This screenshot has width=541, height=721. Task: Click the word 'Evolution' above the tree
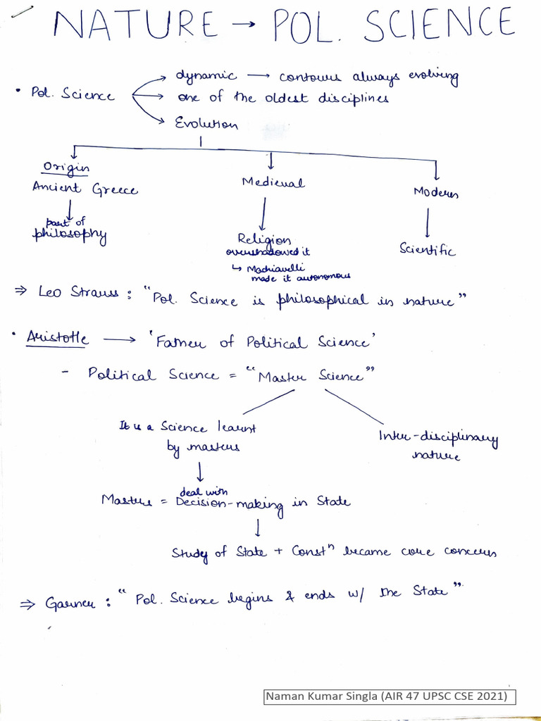coord(206,124)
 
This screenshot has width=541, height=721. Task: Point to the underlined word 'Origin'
coord(66,167)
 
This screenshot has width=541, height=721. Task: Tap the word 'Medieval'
coord(273,182)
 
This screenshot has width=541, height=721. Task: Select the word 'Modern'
coord(436,192)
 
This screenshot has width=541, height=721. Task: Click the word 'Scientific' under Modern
coord(428,249)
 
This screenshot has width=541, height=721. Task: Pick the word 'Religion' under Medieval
coord(264,240)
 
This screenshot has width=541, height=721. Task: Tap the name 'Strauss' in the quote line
coord(97,291)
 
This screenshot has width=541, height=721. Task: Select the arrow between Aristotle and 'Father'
coord(121,340)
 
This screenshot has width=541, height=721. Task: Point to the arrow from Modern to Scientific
coord(427,225)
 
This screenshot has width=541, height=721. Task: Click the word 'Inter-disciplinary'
coord(438,439)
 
